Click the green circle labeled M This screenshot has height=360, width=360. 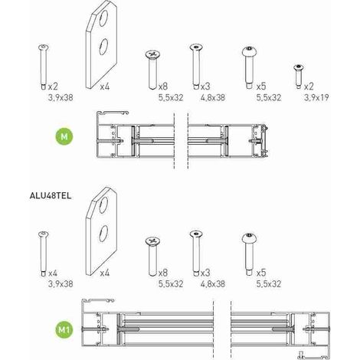64,136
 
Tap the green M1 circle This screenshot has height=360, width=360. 64,329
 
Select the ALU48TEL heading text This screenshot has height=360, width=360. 51,196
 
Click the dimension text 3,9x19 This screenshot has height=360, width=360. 316,97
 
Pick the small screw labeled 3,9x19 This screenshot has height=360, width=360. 298,77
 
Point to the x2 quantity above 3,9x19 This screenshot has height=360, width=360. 309,87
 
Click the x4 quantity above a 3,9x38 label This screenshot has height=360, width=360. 53,273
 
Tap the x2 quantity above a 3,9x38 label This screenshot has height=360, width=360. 53,87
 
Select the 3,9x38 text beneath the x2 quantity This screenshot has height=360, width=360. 61,97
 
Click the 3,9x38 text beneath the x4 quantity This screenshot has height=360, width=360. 61,284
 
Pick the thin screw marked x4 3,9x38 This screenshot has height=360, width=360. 44,254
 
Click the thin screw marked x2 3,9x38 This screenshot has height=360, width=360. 44,67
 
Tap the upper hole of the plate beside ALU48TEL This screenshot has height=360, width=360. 103,205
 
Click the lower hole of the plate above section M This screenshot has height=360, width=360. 103,47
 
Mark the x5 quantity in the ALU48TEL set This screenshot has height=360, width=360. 261,273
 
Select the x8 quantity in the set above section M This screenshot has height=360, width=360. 163,87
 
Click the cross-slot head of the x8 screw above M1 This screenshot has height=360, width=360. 152,241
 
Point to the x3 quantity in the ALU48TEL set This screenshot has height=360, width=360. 205,273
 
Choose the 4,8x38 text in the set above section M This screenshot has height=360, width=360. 213,97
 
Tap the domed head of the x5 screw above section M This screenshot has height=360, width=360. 249,52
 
